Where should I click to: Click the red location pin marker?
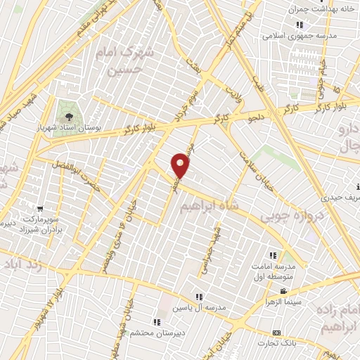[181, 165]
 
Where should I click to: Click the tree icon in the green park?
[69, 117]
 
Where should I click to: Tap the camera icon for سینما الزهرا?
[283, 292]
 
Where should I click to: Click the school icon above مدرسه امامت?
[273, 255]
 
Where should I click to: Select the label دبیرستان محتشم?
[156, 333]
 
